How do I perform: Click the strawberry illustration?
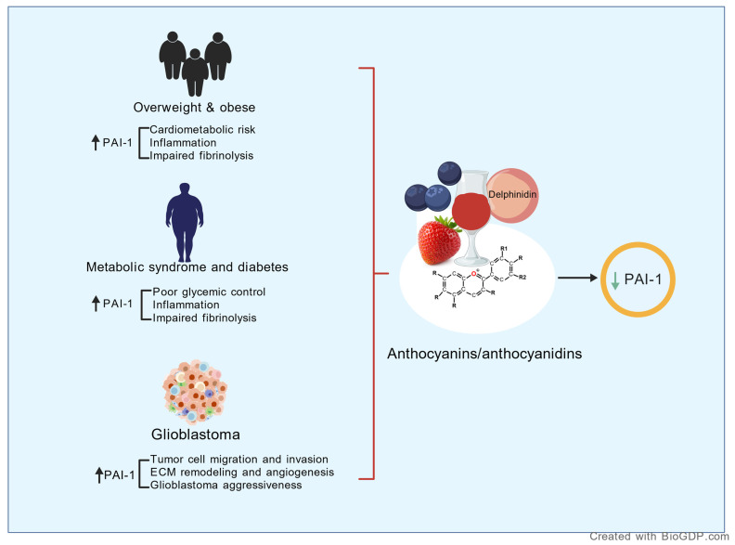click(x=439, y=241)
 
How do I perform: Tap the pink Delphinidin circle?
click(x=513, y=195)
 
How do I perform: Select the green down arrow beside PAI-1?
click(x=615, y=280)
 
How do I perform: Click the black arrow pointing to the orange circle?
click(x=577, y=279)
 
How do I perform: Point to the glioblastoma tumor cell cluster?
click(x=195, y=392)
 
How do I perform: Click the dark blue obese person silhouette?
click(x=185, y=222)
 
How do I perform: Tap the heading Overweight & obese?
click(x=195, y=108)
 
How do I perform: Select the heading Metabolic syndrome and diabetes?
click(x=187, y=266)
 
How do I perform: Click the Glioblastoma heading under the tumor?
click(x=196, y=435)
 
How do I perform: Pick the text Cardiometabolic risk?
click(x=202, y=129)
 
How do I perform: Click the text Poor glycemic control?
click(x=209, y=292)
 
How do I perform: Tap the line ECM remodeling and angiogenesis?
click(x=242, y=472)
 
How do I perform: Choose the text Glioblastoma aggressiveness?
click(x=226, y=485)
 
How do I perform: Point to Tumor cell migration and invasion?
click(x=239, y=460)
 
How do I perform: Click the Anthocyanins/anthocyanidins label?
click(x=484, y=353)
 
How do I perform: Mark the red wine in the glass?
click(x=471, y=211)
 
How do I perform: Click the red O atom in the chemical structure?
click(x=473, y=274)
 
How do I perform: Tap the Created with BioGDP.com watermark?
click(x=659, y=537)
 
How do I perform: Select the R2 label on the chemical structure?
click(x=522, y=278)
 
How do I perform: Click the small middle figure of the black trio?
click(x=195, y=72)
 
